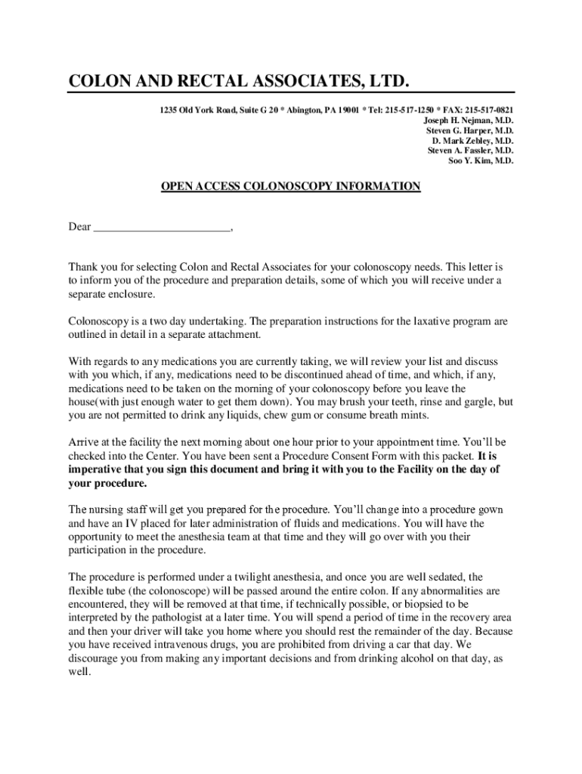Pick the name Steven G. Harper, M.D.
pos(469,131)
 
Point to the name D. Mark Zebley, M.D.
pos(472,141)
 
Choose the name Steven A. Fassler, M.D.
pos(470,150)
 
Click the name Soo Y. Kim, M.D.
pos(481,160)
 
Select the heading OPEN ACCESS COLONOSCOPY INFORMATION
pos(291,186)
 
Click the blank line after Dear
pos(163,227)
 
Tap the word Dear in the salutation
pos(80,227)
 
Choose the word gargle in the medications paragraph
pos(467,402)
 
